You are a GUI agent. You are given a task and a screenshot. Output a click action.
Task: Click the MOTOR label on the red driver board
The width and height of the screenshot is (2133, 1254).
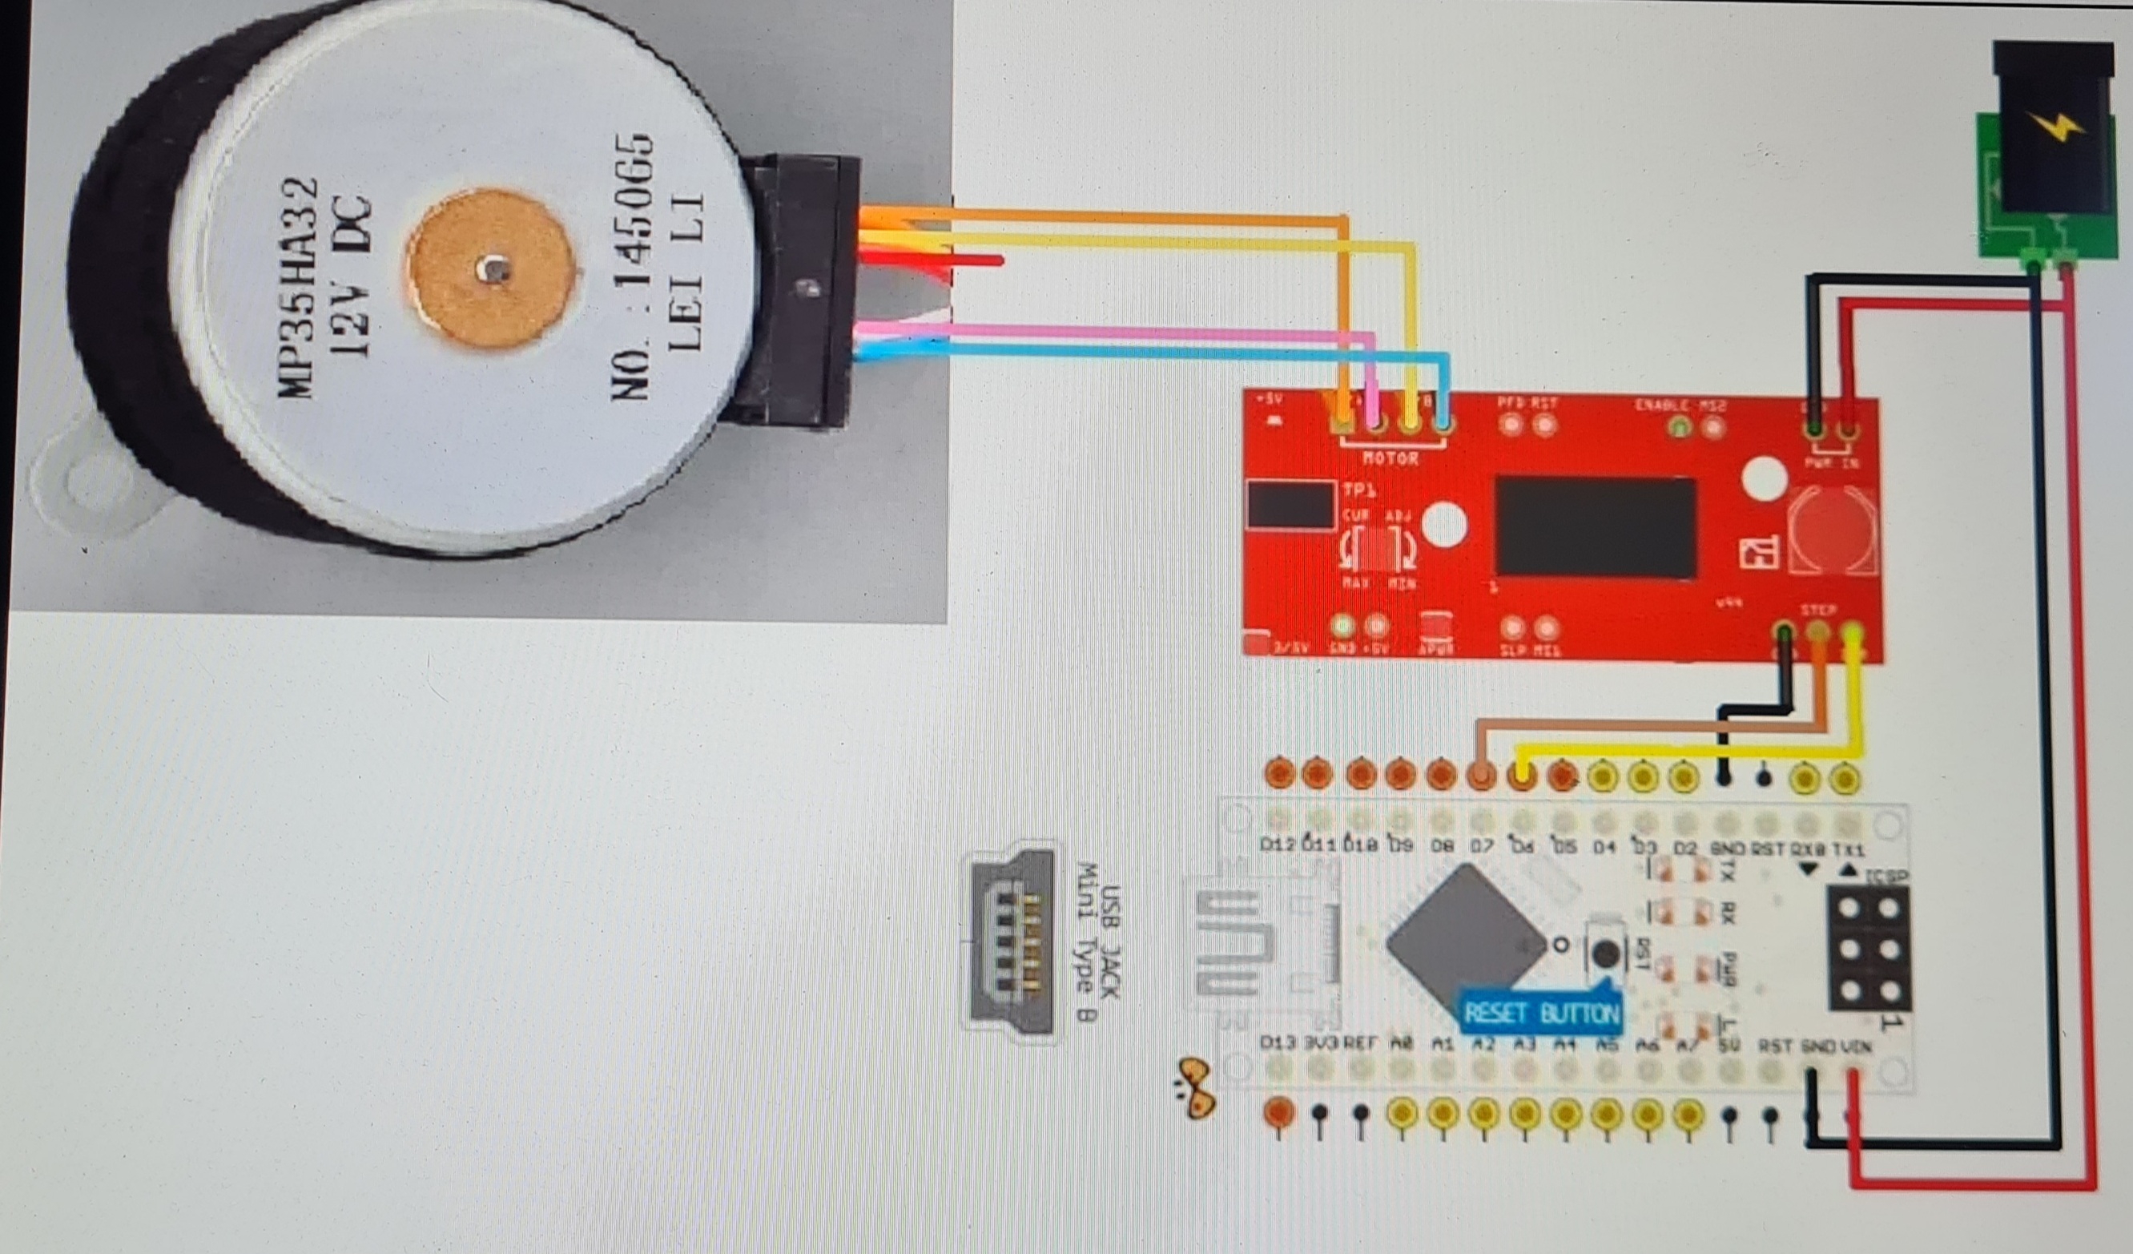coord(1390,458)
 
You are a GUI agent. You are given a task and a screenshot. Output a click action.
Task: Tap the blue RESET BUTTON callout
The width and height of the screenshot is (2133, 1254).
coord(1541,1013)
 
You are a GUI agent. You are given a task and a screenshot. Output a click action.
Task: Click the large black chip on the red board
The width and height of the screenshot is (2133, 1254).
coord(1596,526)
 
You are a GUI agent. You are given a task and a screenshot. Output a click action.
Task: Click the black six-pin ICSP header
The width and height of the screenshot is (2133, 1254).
coord(1869,947)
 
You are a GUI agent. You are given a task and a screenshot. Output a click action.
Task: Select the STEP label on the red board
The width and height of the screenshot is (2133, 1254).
coord(1818,610)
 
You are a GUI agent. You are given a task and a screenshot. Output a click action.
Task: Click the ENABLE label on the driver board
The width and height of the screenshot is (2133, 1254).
coord(1661,405)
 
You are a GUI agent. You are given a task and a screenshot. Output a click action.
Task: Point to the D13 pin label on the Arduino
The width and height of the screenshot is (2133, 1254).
coord(1278,1043)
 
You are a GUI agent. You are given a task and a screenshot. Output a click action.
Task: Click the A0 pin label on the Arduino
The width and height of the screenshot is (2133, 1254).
coord(1402,1045)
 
